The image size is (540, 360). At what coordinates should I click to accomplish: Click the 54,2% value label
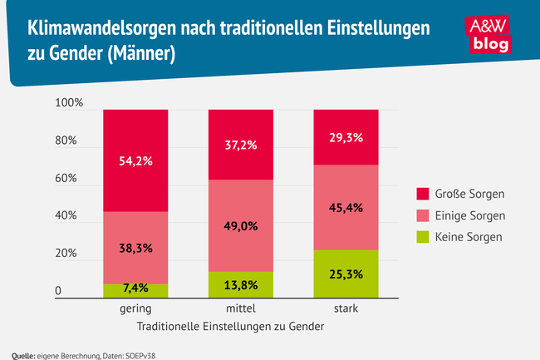coord(135,161)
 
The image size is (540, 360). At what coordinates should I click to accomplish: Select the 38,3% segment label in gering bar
coord(135,248)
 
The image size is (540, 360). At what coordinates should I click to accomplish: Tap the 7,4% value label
coord(135,288)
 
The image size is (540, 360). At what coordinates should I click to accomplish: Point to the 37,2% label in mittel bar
coord(240,145)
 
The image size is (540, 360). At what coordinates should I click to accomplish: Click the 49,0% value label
coord(240,225)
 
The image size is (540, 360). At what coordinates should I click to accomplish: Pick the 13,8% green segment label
coord(240,284)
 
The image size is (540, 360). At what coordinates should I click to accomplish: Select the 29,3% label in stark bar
coord(346,138)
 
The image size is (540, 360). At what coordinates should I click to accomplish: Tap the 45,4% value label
coord(346,207)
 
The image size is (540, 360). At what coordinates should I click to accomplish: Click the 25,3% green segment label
coord(346,273)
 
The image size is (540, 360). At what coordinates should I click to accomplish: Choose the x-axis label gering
coord(135,308)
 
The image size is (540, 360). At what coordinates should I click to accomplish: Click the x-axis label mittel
coord(240,308)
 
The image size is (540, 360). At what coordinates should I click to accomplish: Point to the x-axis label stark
coord(346,308)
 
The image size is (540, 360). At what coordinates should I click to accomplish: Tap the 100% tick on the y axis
coord(69,103)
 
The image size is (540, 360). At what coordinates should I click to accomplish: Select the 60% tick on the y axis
coord(66,179)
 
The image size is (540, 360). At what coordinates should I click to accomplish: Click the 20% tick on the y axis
coord(66,254)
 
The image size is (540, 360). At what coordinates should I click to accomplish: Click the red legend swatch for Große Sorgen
coord(422,195)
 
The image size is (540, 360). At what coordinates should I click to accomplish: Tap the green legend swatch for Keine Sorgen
coord(422,237)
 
